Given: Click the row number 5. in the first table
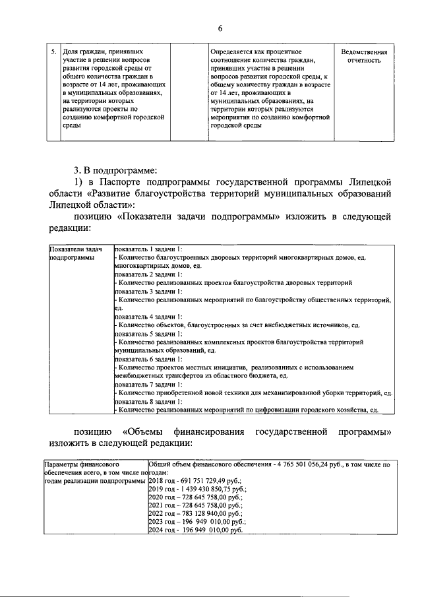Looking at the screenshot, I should [53, 51].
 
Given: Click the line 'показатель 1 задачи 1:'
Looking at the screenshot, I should [148, 249].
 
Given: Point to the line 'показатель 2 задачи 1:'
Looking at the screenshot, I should [148, 273].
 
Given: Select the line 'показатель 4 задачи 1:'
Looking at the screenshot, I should [148, 317].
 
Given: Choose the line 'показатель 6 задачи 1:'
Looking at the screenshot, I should [148, 360].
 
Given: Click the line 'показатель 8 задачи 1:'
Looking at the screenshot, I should [148, 401].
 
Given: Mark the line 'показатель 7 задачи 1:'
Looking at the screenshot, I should [148, 385].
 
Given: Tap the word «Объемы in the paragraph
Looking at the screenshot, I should [146, 432].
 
